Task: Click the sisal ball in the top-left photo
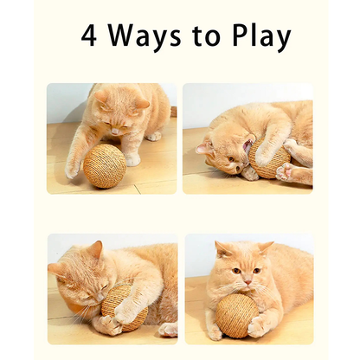click(105, 165)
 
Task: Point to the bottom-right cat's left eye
click(235, 271)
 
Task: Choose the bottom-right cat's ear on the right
click(267, 247)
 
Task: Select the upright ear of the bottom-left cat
click(92, 250)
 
